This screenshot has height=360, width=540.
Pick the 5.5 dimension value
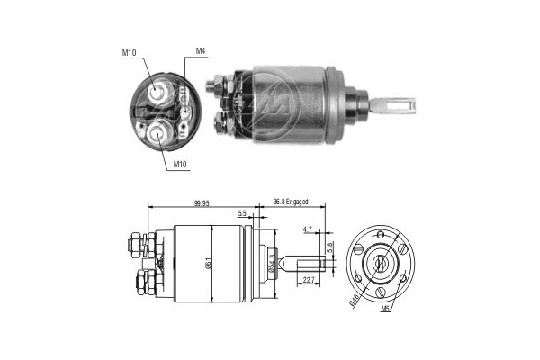coord(242,213)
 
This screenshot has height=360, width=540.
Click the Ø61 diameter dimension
coord(210,264)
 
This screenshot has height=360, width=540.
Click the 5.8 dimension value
coord(330,245)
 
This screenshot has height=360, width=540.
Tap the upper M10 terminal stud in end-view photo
coord(159,92)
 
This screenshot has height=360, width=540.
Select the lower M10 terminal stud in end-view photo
coord(159,132)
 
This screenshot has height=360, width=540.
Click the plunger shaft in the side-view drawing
coord(301,263)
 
